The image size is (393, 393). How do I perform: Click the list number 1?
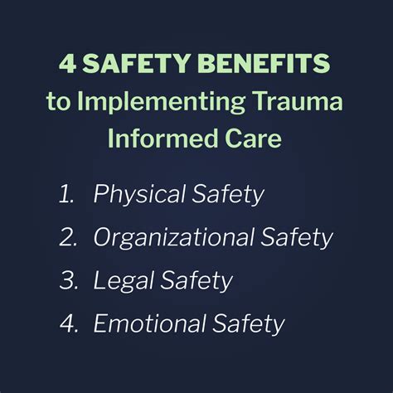68,196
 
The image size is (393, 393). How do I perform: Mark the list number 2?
70,239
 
